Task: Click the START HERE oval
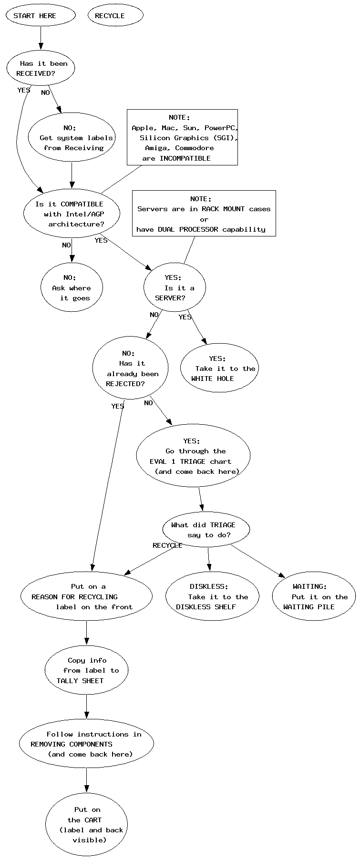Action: [41, 15]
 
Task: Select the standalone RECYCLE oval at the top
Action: [115, 15]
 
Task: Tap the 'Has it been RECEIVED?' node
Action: [41, 68]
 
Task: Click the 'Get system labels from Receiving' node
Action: [72, 137]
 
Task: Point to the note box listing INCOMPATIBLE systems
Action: [182, 137]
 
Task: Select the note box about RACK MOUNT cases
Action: [204, 213]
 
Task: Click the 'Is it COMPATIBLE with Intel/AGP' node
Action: [72, 214]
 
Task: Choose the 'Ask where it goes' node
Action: [72, 287]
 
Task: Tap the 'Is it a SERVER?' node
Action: [175, 287]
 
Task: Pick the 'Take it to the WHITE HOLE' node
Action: [219, 368]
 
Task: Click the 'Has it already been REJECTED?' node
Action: [130, 368]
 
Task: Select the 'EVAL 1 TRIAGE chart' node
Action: [193, 456]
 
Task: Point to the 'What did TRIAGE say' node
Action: [206, 530]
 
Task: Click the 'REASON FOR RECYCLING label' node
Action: [86, 596]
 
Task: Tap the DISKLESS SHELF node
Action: [212, 596]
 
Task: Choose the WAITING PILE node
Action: [314, 596]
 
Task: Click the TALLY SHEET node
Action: [86, 670]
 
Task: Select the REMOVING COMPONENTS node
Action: [86, 744]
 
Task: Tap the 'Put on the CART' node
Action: [86, 824]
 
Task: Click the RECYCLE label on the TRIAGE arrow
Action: [167, 545]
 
